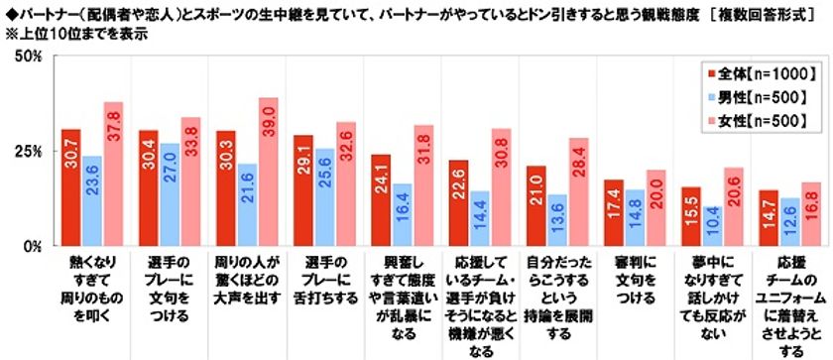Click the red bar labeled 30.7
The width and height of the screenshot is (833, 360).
pos(70,187)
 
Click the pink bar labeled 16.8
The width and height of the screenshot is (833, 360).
pos(811,213)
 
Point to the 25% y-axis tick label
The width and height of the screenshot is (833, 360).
pos(27,151)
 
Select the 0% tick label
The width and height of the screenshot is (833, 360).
pos(31,245)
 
